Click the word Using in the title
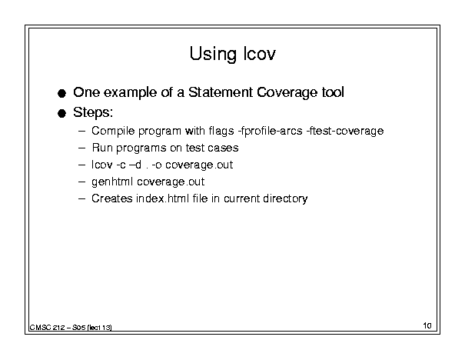[213, 54]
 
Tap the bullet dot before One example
[61, 94]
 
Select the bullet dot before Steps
[61, 113]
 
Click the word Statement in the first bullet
[221, 92]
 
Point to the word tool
[333, 92]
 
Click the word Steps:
[93, 112]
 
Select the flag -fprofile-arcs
[271, 131]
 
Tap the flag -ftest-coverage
[345, 131]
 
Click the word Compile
[113, 131]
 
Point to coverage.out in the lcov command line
[199, 165]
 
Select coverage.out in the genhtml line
[171, 182]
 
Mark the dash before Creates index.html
[81, 198]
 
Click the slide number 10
[427, 325]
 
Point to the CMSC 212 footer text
[71, 328]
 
